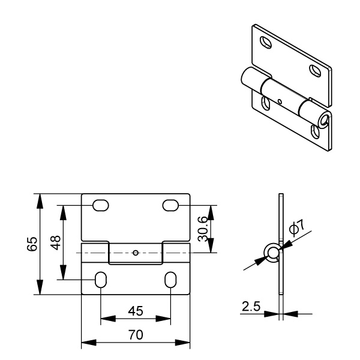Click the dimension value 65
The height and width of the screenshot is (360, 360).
pyautogui.click(x=32, y=244)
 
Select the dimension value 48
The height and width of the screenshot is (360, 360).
pyautogui.click(x=56, y=242)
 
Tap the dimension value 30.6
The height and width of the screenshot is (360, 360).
pyautogui.click(x=203, y=229)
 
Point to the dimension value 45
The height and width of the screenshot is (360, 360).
pyautogui.click(x=136, y=311)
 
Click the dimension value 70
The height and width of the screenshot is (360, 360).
pyautogui.click(x=136, y=335)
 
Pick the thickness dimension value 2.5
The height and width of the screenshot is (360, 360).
pyautogui.click(x=251, y=306)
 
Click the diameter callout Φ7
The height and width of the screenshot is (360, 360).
pyautogui.click(x=297, y=227)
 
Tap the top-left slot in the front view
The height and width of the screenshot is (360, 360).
pyautogui.click(x=101, y=205)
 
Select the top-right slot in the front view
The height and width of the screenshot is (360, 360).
pyautogui.click(x=170, y=205)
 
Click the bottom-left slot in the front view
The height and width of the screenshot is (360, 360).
pyautogui.click(x=101, y=280)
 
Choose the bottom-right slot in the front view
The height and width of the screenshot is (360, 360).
pyautogui.click(x=170, y=280)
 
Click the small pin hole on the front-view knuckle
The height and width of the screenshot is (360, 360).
pyautogui.click(x=136, y=253)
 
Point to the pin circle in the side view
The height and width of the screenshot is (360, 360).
pyautogui.click(x=272, y=253)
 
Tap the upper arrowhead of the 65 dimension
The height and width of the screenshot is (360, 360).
pyautogui.click(x=40, y=201)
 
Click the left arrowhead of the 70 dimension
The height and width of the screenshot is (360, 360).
pyautogui.click(x=89, y=343)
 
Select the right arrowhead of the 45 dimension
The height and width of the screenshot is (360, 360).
pyautogui.click(x=163, y=319)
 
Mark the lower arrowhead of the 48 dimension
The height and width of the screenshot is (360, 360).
pyautogui.click(x=64, y=272)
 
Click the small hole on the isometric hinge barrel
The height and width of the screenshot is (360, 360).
pyautogui.click(x=280, y=101)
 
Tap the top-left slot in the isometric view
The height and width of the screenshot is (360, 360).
pyautogui.click(x=266, y=42)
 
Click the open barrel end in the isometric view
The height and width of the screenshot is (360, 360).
pyautogui.click(x=325, y=120)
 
